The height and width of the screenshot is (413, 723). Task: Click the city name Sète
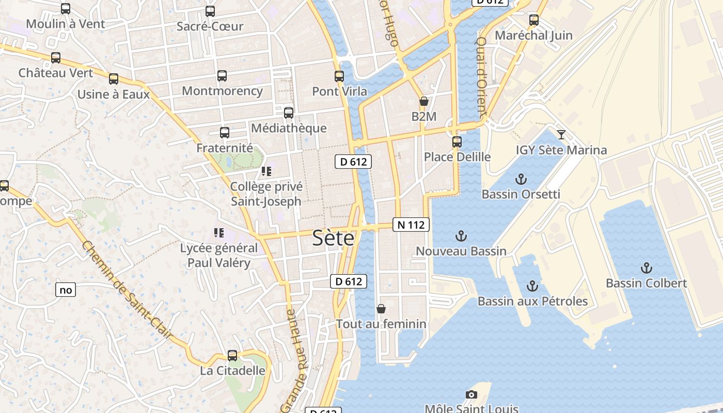pos(334,239)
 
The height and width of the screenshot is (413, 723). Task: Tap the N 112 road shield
pos(411,225)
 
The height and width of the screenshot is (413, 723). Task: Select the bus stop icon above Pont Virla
pos(339,76)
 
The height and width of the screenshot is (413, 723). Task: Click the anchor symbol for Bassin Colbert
pos(646,268)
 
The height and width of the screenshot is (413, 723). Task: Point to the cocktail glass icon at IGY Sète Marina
pos(561,135)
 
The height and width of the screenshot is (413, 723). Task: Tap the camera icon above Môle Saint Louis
pos(471,395)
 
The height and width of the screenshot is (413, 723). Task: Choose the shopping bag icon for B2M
pos(423,101)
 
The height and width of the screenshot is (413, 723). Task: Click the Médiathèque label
pos(289,128)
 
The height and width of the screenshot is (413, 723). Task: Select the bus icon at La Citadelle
pos(232,356)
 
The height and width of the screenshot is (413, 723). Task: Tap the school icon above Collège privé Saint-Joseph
pos(266,171)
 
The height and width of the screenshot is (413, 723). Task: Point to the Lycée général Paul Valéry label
pos(218,255)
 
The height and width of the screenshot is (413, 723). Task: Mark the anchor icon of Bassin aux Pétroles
pos(532,286)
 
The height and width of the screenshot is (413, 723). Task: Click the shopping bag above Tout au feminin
pos(381,309)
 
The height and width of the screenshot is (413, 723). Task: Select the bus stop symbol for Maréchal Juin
pos(534,21)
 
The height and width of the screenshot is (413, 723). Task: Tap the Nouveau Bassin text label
pos(461,251)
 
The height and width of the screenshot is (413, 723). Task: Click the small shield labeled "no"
pos(66,290)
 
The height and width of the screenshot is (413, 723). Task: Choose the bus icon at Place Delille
pos(457,141)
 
